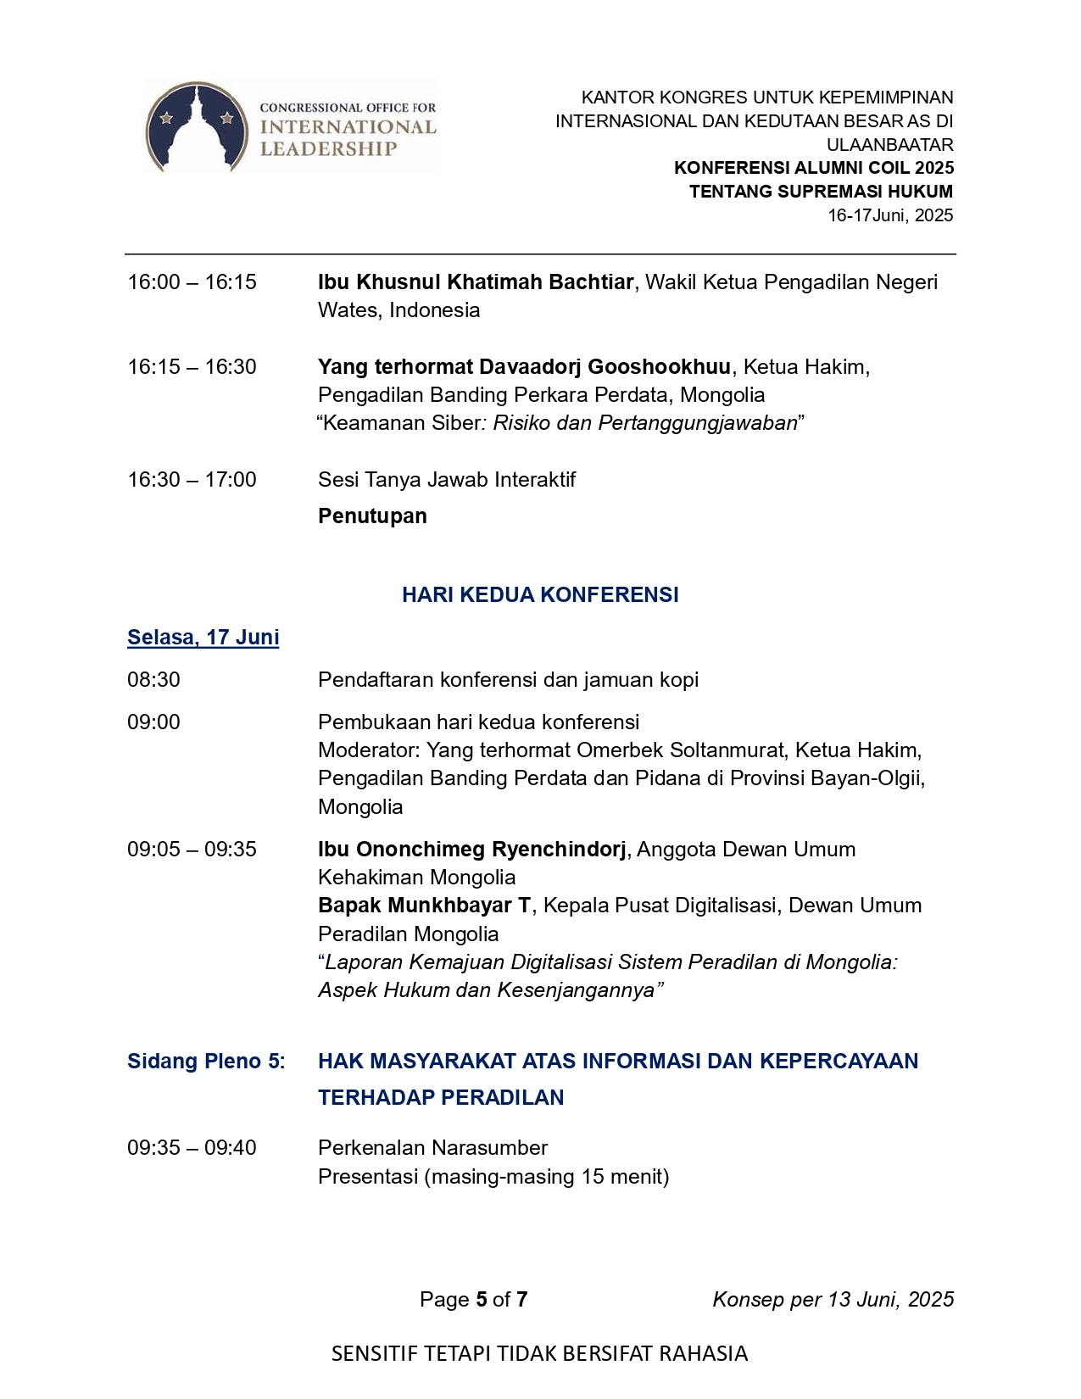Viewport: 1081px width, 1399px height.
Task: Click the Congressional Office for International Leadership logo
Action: coord(291,127)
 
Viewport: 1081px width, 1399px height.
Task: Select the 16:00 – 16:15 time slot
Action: coord(192,282)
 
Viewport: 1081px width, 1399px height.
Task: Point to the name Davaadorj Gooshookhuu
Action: coord(605,367)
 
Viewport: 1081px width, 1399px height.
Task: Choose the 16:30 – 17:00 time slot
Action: coord(192,480)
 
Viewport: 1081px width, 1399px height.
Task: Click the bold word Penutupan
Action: coord(372,516)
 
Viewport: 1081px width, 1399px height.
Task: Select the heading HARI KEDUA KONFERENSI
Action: coord(540,595)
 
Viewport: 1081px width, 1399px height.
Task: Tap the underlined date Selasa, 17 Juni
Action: coord(203,638)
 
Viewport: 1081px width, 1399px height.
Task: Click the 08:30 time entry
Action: coord(153,680)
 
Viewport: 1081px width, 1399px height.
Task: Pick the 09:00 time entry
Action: coord(153,722)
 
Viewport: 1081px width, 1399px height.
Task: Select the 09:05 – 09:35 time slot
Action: coord(192,850)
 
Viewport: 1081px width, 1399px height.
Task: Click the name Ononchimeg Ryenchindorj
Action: coord(491,850)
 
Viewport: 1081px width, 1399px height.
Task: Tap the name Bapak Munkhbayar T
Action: coord(424,906)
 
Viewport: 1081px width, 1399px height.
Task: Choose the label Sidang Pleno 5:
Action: coord(206,1062)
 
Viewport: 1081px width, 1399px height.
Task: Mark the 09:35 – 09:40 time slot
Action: coord(192,1148)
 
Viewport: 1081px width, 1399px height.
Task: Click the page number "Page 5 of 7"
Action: coord(473,1300)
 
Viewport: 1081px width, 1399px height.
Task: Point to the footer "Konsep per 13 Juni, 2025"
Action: coord(833,1300)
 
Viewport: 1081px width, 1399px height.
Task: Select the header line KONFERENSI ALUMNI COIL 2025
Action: coord(813,168)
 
